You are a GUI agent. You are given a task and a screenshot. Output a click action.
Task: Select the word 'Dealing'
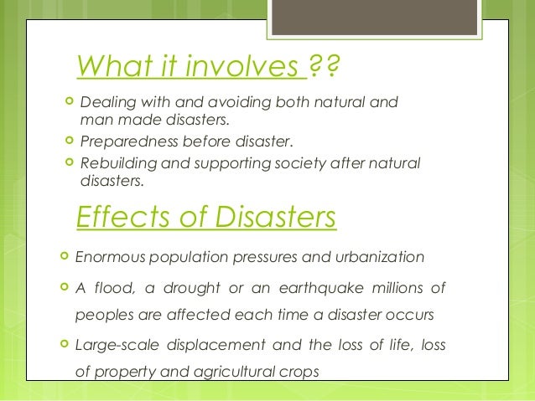tap(105, 104)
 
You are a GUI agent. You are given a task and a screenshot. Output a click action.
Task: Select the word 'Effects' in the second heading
tap(119, 217)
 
